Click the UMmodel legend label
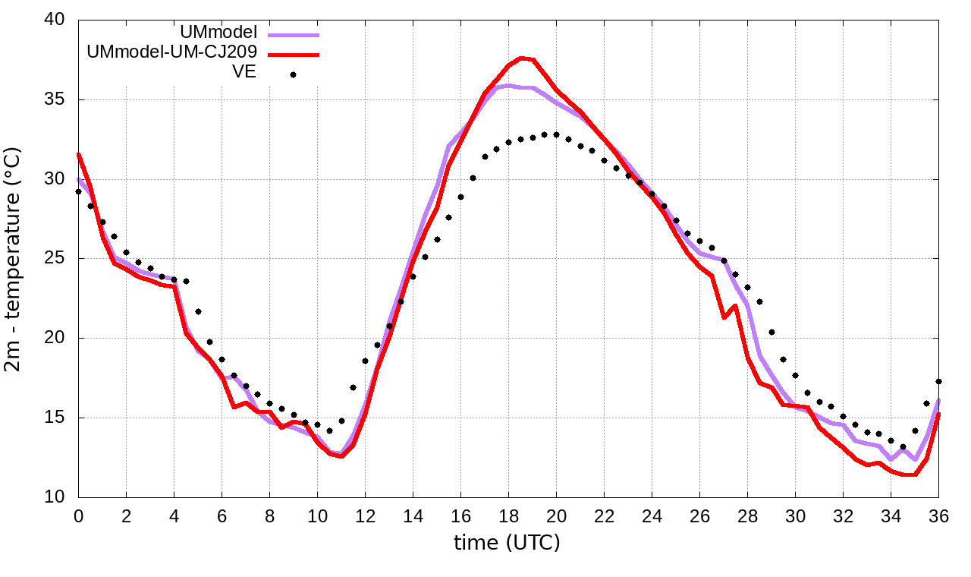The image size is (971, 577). coord(219,33)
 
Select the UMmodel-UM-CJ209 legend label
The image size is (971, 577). coord(172,52)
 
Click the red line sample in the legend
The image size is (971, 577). coord(294,55)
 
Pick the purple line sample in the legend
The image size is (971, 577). coord(294,35)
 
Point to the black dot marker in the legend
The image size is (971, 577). coord(294,74)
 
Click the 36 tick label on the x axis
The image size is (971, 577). coord(938,516)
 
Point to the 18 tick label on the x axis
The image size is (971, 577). coord(508,516)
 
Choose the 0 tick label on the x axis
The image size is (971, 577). coord(78,516)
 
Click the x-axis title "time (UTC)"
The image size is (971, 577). coord(507,543)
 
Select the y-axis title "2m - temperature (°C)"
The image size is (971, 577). coord(14,259)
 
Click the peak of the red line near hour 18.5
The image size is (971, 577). coord(521,58)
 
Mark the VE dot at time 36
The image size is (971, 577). coord(938,381)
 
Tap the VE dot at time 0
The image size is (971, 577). coord(78,191)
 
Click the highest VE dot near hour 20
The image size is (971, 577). coord(556,134)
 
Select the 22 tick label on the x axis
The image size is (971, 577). coord(604,516)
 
